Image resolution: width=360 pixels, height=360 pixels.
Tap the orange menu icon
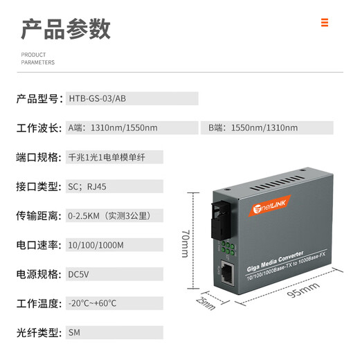[x=324, y=23]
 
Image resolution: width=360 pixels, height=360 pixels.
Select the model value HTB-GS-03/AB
[x=97, y=98]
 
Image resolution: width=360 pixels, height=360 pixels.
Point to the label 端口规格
[x=39, y=157]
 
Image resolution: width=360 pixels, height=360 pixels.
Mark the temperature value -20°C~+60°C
[x=92, y=303]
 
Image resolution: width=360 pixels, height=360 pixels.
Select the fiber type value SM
[x=75, y=332]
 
